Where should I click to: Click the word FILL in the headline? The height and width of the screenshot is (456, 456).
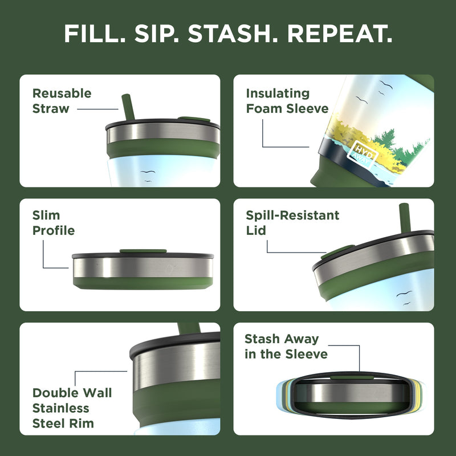coord(93,34)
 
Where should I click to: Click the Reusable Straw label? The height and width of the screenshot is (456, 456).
coord(62,101)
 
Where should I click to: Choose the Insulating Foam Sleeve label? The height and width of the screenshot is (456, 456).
coord(287,101)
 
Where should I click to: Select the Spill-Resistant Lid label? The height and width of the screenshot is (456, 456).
coord(292,223)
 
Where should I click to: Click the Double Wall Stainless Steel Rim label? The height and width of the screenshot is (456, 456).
coord(72,408)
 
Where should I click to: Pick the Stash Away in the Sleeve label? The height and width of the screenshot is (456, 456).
coord(286,347)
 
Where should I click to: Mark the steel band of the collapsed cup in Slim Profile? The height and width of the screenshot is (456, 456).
coord(142,266)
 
